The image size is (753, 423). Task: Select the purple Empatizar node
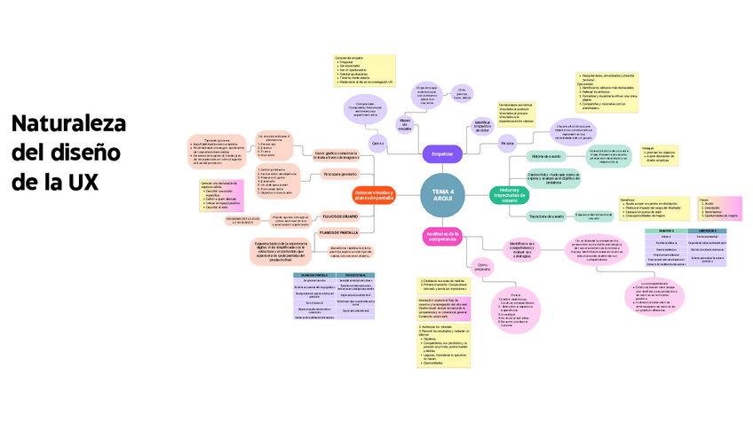(442, 153)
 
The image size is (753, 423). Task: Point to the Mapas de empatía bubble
(405, 125)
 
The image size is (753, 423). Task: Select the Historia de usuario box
(546, 156)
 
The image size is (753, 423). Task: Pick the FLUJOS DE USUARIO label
(340, 216)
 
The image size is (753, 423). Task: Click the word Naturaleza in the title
(67, 124)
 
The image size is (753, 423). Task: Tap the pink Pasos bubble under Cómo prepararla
(517, 308)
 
